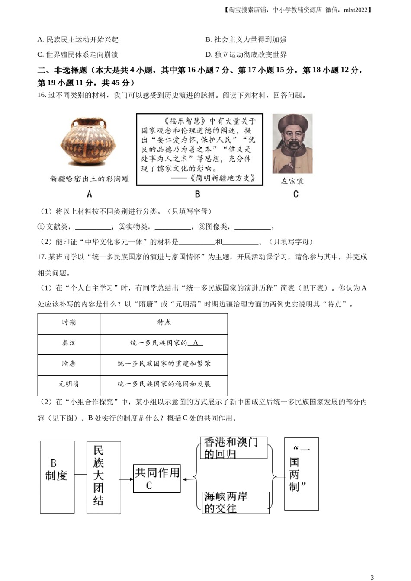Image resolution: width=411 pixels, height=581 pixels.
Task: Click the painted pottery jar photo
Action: point(89,141)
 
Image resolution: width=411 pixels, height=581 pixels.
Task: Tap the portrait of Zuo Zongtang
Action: point(292,144)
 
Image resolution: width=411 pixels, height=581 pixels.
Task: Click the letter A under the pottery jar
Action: point(90,194)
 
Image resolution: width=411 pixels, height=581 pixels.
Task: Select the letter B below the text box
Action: point(198,194)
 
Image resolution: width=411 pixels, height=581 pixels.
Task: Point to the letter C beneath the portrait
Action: point(296,194)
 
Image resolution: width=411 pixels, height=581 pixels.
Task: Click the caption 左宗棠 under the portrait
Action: point(292,181)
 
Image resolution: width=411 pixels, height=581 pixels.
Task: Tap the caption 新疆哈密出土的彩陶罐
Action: point(90,178)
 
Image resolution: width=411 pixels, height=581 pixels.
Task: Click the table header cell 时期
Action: point(69,322)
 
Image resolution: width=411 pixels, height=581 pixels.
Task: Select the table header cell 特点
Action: point(164,322)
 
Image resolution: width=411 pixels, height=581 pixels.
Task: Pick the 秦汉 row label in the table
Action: point(69,343)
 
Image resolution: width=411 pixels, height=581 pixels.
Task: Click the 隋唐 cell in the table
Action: point(69,364)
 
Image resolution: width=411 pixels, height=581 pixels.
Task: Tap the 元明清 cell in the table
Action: point(69,384)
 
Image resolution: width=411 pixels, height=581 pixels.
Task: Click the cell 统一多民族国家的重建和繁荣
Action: point(164,364)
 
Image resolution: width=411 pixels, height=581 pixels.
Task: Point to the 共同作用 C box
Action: point(157,479)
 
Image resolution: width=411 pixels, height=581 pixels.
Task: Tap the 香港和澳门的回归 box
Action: point(234,448)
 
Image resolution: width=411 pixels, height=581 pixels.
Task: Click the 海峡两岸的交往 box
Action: point(235,502)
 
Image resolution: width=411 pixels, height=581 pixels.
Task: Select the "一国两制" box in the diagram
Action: point(301,473)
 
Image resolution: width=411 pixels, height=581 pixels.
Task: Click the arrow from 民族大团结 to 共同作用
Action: point(127,479)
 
